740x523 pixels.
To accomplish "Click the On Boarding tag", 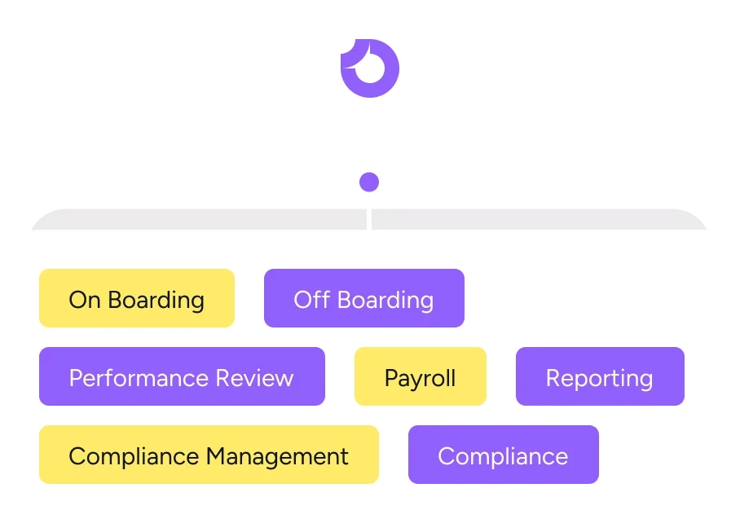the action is tap(137, 298).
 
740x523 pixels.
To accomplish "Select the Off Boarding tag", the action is tap(363, 298).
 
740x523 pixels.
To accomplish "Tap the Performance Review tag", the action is tap(182, 376).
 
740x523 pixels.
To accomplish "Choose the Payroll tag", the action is tap(420, 376).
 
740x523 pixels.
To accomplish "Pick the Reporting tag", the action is tap(600, 376).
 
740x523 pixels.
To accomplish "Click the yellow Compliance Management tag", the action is tap(209, 455).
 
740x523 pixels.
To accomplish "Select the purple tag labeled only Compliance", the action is tap(503, 455).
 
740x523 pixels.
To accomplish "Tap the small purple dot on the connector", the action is tap(369, 182).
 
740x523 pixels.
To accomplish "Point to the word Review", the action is tap(256, 378).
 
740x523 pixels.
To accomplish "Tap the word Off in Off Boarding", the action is tap(309, 300).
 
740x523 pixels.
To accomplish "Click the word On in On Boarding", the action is tap(85, 300).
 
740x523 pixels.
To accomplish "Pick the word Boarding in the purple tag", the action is tap(385, 300).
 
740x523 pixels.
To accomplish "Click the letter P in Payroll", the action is tap(391, 378).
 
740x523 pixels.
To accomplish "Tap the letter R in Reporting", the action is tap(553, 378).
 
